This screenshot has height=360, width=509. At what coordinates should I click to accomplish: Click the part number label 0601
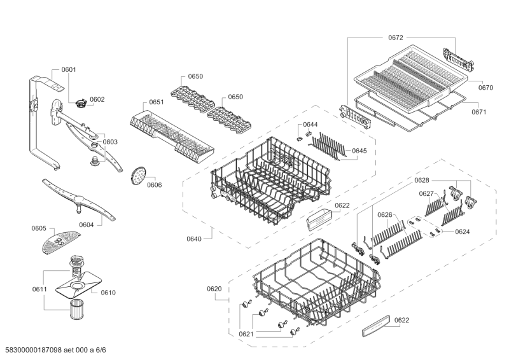pos(69,69)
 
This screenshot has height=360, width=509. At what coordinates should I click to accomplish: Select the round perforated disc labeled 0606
pos(137,176)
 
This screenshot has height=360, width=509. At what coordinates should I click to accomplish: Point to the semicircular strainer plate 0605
pos(57,240)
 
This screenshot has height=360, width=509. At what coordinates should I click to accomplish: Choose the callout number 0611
pos(39,289)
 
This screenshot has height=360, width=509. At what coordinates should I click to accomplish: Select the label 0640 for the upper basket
pos(194,239)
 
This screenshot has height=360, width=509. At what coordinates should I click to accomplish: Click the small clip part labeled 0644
pos(303,134)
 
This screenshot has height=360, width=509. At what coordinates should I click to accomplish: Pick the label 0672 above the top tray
pos(396,38)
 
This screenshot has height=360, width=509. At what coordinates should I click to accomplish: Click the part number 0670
pos(485,88)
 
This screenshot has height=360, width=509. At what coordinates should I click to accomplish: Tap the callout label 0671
pos(479,112)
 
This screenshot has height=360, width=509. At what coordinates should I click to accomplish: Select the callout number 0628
pos(422,181)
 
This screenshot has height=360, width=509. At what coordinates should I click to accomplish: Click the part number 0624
pos(463,232)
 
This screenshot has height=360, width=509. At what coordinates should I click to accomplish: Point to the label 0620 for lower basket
pos(214,289)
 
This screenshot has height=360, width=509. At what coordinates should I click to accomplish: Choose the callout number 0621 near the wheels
pos(246,334)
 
